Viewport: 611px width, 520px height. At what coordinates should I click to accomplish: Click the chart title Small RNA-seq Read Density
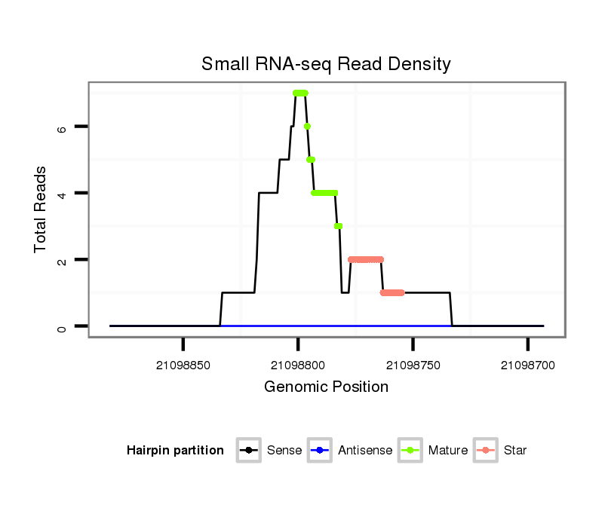tap(326, 64)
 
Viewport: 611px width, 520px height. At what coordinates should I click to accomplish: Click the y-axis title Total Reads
tap(41, 210)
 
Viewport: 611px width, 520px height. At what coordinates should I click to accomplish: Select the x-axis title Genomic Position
tap(326, 387)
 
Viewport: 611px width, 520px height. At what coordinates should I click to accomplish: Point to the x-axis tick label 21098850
tap(183, 365)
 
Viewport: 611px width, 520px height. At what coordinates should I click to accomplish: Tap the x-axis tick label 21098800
tap(298, 365)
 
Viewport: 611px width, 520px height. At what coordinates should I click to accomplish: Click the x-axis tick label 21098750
tap(413, 365)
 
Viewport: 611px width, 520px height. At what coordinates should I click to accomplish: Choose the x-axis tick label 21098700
tap(527, 365)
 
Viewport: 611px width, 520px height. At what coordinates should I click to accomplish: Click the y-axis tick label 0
tap(62, 326)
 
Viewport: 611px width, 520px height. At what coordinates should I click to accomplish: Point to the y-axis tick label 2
tap(62, 260)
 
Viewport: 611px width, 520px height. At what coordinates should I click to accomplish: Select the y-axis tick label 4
tap(62, 194)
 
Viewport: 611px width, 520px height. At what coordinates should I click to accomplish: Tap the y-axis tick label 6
tap(62, 127)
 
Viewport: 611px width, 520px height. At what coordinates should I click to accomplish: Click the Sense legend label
tap(284, 451)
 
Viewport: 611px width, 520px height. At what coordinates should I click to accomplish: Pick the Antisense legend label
tap(364, 451)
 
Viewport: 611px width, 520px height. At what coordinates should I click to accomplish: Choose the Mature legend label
tap(447, 451)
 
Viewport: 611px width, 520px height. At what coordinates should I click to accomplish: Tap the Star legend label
tap(516, 451)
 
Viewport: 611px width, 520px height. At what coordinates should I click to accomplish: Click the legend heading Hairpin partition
tap(175, 451)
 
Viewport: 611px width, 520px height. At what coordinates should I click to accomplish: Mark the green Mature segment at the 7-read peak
tap(301, 93)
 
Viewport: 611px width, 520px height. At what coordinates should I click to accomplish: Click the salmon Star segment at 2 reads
tap(366, 259)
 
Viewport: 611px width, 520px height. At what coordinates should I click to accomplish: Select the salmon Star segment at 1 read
tap(392, 292)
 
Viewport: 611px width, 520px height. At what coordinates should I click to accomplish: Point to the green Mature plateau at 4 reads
tap(324, 193)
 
